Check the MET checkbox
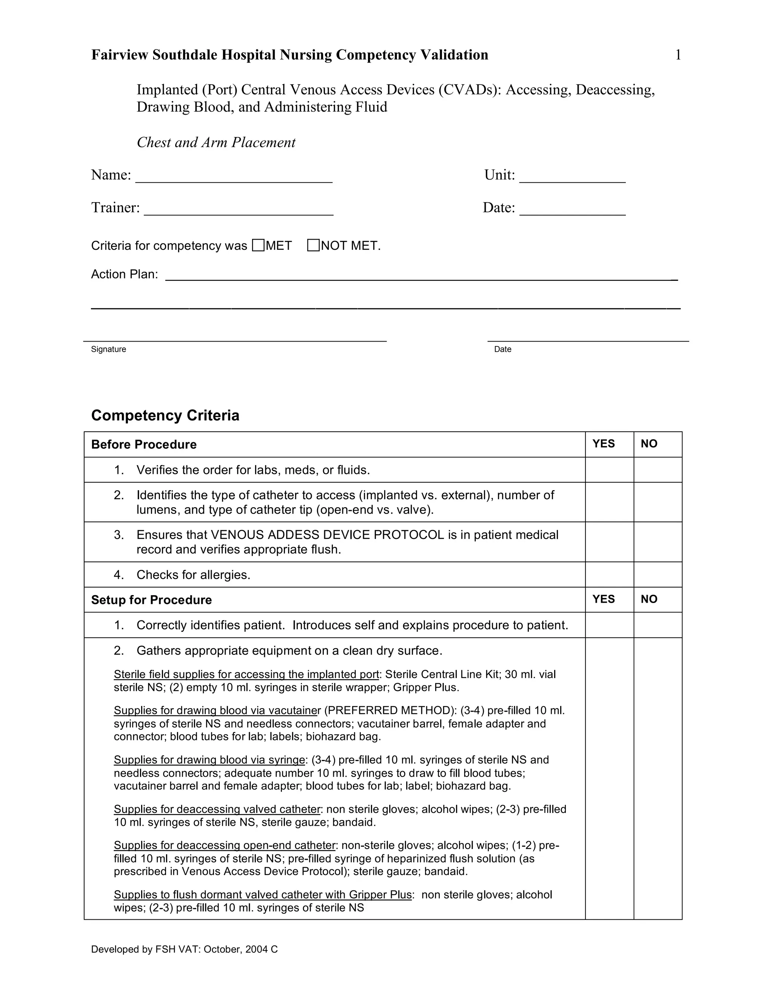pyautogui.click(x=258, y=245)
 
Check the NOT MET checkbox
pyautogui.click(x=313, y=245)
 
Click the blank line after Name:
pyautogui.click(x=234, y=177)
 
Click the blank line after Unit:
pyautogui.click(x=573, y=177)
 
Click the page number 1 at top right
pyautogui.click(x=678, y=55)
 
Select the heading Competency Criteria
pyautogui.click(x=165, y=415)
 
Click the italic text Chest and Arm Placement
pyautogui.click(x=216, y=142)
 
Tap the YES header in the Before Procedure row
pyautogui.click(x=603, y=444)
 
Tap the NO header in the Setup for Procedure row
pyautogui.click(x=649, y=599)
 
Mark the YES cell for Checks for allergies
pyautogui.click(x=609, y=575)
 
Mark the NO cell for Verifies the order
pyautogui.click(x=658, y=470)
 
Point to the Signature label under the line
pyautogui.click(x=109, y=349)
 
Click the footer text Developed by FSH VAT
pyautogui.click(x=184, y=949)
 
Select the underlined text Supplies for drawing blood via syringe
pyautogui.click(x=209, y=760)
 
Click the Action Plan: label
pyautogui.click(x=125, y=274)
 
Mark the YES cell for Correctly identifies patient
pyautogui.click(x=609, y=625)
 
